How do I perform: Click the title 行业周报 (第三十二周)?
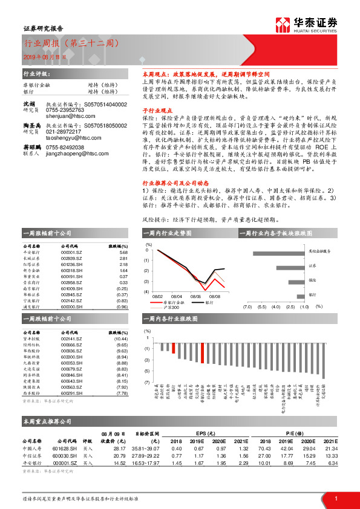[71, 44]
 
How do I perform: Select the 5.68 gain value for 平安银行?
[123, 253]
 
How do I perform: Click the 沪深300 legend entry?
[166, 307]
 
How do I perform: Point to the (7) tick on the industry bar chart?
[146, 383]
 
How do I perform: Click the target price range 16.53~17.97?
[147, 463]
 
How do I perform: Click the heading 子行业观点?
[154, 111]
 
